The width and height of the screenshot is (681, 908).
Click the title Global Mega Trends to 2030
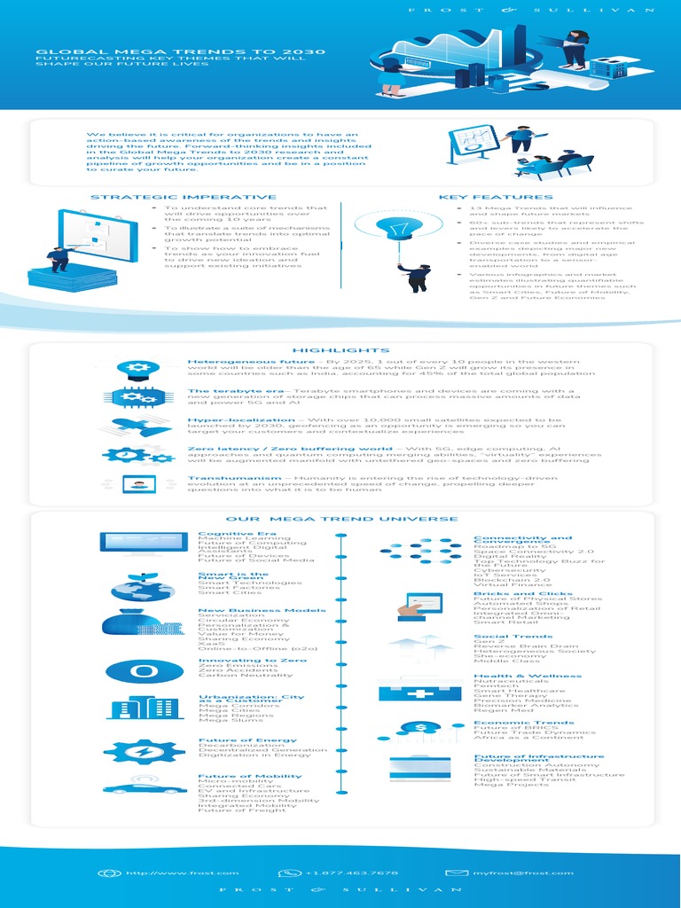point(181,52)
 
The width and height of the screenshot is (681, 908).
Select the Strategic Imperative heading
point(183,197)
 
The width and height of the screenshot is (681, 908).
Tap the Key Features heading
point(495,197)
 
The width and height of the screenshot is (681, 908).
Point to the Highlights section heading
point(340,350)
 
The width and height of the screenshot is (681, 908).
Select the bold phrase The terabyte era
point(224,390)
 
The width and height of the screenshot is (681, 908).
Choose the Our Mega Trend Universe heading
point(341,519)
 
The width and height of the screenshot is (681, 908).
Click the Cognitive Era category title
point(225,534)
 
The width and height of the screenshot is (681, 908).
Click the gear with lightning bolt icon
point(144,750)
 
